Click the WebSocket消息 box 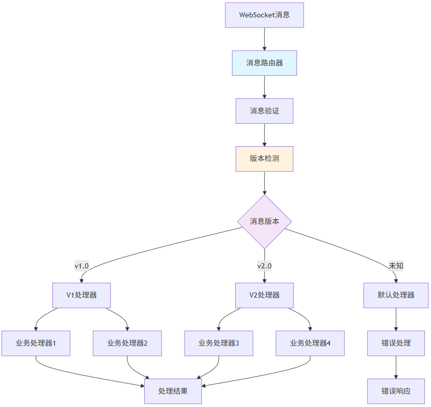coord(264,15)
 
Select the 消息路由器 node coord(264,63)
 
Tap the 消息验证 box coord(264,111)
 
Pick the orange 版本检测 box coord(264,159)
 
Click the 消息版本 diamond coord(264,221)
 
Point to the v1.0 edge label coord(82,266)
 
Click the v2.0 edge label coord(264,266)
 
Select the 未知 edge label coord(396,266)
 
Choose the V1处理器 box coord(82,295)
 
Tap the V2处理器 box coord(264,295)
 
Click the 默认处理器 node coord(396,295)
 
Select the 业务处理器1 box coord(36,343)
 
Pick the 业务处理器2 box coord(127,343)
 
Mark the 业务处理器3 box coord(219,343)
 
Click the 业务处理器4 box coord(310,343)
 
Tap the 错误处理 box coord(396,343)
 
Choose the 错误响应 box coord(396,391)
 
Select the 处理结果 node coord(173,391)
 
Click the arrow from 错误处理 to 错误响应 coord(396,367)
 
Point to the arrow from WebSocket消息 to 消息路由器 coord(264,39)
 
